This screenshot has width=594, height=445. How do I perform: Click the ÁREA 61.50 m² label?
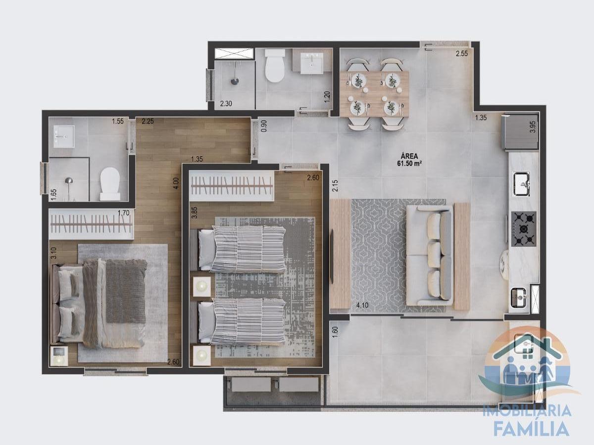[x=409, y=159]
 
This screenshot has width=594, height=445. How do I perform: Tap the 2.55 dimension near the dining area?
[x=462, y=53]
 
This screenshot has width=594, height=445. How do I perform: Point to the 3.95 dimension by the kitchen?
[x=533, y=127]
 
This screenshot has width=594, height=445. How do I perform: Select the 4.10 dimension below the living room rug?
[x=362, y=306]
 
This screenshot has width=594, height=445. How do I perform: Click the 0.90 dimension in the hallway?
[x=264, y=126]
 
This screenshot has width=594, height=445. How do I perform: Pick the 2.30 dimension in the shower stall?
[x=226, y=103]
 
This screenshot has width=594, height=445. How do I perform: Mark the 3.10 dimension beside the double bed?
[x=53, y=253]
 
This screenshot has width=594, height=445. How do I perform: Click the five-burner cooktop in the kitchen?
[x=523, y=229]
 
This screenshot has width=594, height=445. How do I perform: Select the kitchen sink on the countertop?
[x=521, y=184]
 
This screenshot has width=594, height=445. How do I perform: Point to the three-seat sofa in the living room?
[x=430, y=256]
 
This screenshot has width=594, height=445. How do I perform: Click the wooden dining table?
[x=374, y=94]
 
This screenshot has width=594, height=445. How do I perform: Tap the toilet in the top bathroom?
[x=275, y=65]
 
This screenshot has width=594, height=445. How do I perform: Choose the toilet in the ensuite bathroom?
[x=110, y=184]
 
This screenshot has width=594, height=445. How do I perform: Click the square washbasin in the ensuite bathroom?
[x=63, y=136]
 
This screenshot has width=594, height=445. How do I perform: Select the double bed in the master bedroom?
[x=99, y=304]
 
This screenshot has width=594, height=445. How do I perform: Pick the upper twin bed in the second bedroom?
[x=238, y=249]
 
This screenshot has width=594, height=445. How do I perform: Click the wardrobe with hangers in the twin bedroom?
[x=232, y=186]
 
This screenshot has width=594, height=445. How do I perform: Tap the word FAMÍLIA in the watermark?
[x=531, y=429]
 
